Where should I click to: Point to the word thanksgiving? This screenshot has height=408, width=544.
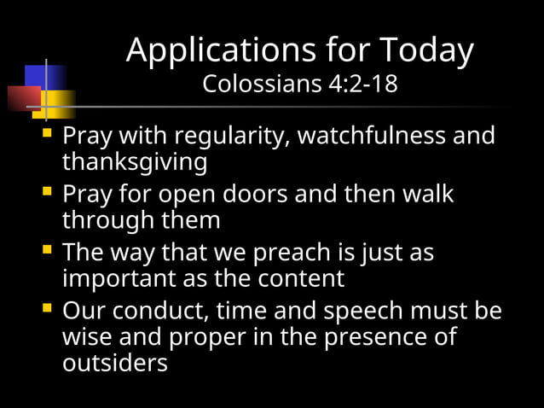coord(135,161)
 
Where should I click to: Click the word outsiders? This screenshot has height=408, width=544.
coord(114,362)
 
